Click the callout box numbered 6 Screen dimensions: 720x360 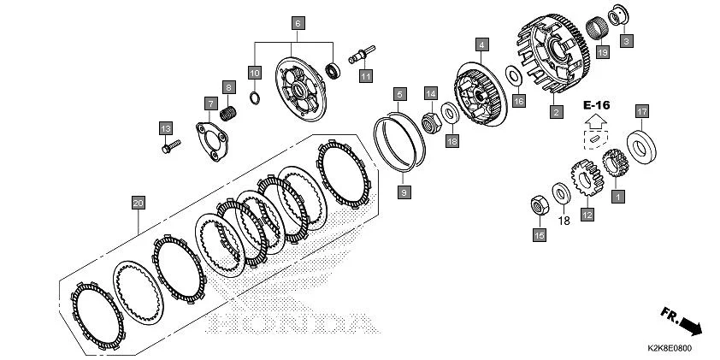298,23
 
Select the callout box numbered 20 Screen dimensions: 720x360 139,203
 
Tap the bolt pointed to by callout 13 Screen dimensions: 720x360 171,146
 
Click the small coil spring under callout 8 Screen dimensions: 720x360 228,114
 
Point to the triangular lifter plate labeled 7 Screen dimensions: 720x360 212,142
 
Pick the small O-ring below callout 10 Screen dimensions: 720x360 255,97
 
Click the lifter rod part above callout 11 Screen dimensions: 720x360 362,54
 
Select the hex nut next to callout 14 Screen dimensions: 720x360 432,122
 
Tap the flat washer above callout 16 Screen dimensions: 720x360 514,76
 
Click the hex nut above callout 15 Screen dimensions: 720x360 540,205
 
